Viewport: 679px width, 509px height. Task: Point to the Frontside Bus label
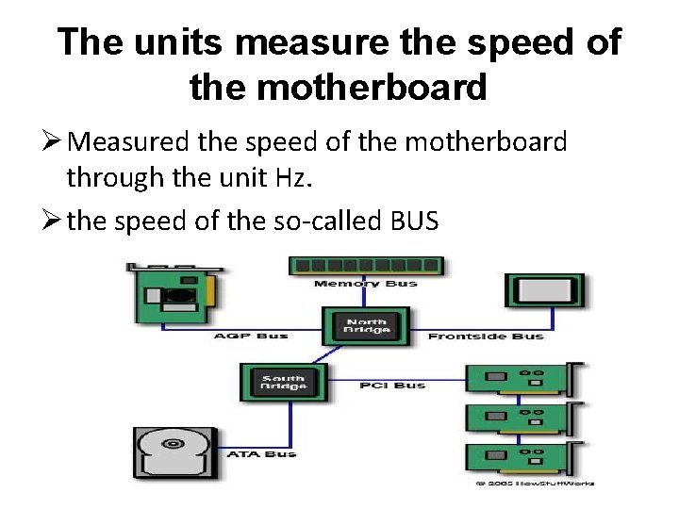click(485, 337)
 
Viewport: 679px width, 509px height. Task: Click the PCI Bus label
click(392, 385)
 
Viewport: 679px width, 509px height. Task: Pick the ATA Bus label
click(260, 453)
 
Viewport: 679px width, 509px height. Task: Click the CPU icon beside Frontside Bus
click(544, 290)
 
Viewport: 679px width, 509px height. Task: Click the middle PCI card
click(524, 419)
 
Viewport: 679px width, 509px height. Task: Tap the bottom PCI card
click(524, 459)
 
